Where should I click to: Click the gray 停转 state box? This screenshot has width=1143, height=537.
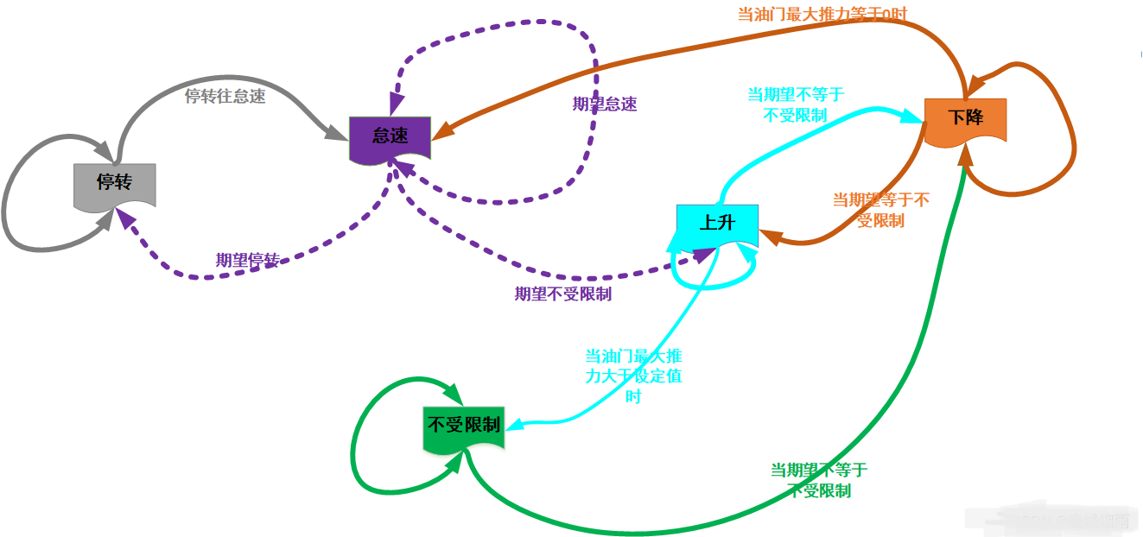point(114,184)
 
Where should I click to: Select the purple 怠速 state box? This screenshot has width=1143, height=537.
point(390,136)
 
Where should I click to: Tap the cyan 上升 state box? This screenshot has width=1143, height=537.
point(716,224)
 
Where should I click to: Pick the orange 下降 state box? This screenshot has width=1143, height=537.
point(965,118)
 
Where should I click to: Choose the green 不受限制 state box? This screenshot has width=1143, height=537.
point(464,426)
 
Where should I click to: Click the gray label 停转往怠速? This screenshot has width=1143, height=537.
point(225,96)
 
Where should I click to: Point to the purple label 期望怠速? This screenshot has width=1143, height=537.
point(605,104)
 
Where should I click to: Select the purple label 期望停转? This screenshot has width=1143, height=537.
point(247,260)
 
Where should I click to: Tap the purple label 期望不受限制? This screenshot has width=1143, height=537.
point(563,294)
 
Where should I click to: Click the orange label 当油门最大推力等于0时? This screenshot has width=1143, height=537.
point(822,14)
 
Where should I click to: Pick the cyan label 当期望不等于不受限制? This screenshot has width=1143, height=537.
point(795,104)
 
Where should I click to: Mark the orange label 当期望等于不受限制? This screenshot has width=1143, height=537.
point(880,210)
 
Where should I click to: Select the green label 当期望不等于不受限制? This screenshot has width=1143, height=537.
point(819,480)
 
